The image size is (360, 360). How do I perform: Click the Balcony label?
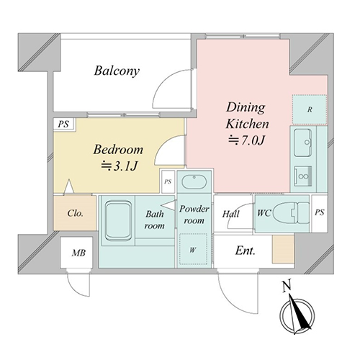pyautogui.click(x=117, y=71)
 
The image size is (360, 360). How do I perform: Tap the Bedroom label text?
pyautogui.click(x=118, y=150)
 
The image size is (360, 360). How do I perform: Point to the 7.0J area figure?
pyautogui.click(x=246, y=140)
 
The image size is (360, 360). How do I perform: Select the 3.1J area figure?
pyautogui.click(x=120, y=166)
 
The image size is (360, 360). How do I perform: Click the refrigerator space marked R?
pyautogui.click(x=310, y=109)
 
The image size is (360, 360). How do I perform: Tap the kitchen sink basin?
pyautogui.click(x=303, y=143)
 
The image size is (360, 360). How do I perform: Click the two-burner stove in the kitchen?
pyautogui.click(x=303, y=176)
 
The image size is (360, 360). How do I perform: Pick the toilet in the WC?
pyautogui.click(x=291, y=212)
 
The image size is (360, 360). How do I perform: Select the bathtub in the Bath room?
pyautogui.click(x=118, y=221)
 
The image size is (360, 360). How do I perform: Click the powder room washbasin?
pyautogui.click(x=194, y=182)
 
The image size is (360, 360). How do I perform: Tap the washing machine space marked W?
pyautogui.click(x=193, y=249)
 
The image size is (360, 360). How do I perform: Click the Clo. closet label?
pyautogui.click(x=75, y=213)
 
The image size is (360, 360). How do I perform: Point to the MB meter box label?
pyautogui.click(x=78, y=253)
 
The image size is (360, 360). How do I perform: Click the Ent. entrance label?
pyautogui.click(x=245, y=251)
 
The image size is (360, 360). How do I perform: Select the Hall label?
pyautogui.click(x=230, y=214)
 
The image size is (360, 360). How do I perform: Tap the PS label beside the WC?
pyautogui.click(x=320, y=212)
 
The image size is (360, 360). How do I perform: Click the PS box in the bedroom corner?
pyautogui.click(x=64, y=125)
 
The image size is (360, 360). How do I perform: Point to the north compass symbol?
pyautogui.click(x=297, y=315)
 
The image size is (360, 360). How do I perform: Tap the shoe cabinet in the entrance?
pyautogui.click(x=283, y=249)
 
